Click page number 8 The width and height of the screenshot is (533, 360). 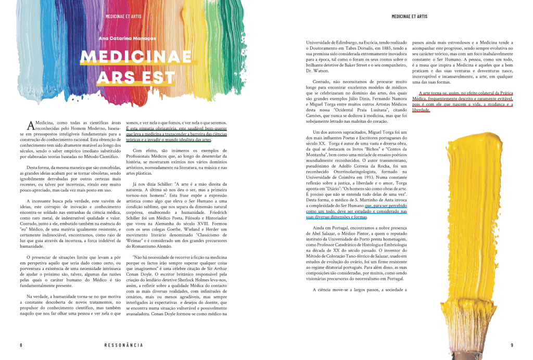pos(21,345)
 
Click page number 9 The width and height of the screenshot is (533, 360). pos(512,345)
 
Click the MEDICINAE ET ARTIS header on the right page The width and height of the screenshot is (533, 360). pos(409,17)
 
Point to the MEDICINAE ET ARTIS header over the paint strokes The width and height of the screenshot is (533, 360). pos(123,17)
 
